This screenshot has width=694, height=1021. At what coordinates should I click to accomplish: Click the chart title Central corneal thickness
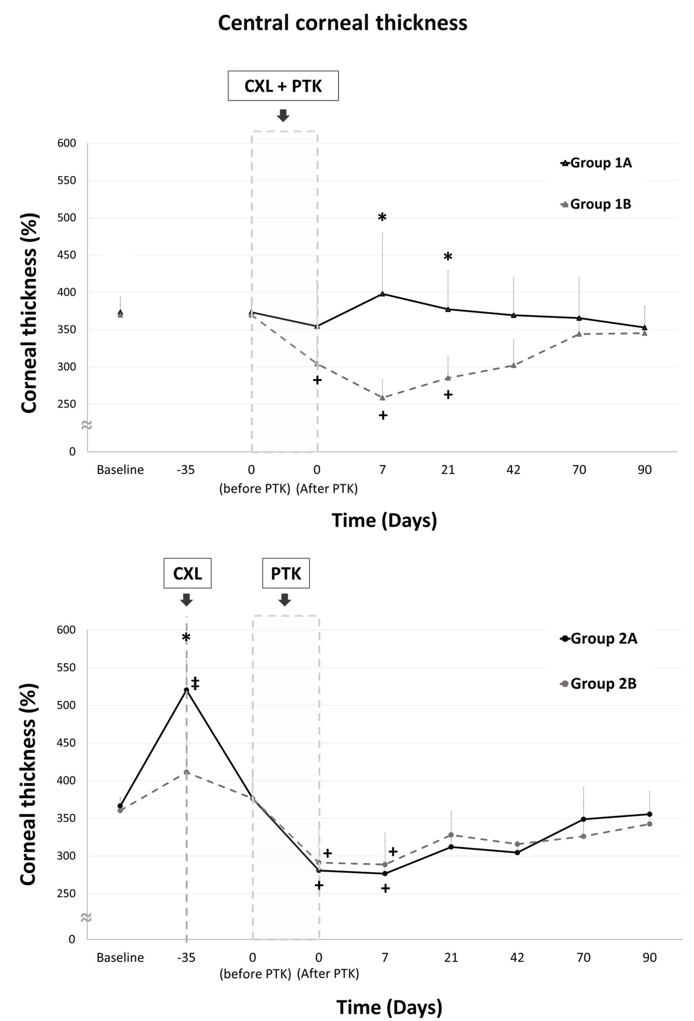coord(342,23)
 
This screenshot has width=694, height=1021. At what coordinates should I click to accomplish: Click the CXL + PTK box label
coord(283,86)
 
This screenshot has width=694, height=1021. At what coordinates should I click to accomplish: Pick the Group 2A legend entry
coord(599,638)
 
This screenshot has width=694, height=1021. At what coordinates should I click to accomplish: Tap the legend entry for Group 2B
coord(599,683)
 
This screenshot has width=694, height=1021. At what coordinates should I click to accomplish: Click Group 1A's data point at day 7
coord(383,294)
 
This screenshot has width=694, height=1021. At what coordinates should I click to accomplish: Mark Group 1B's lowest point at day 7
coord(383,397)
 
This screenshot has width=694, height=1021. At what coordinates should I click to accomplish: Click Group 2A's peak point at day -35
coord(186,690)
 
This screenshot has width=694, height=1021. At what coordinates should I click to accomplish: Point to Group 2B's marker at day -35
coord(186,772)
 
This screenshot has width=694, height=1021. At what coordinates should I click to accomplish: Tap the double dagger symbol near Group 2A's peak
coord(195,683)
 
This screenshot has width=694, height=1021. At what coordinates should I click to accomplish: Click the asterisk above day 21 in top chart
coord(447,257)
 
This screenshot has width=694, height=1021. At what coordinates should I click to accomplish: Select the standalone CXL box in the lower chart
coord(187,573)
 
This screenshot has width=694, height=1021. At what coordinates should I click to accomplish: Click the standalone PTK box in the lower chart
coord(286,573)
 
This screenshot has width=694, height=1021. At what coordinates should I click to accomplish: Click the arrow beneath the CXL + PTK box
coord(283,115)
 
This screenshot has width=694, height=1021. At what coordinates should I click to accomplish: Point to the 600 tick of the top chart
coord(66,143)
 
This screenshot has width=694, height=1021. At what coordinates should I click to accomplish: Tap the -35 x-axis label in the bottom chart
coord(186,957)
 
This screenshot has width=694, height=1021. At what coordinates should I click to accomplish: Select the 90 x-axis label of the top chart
coord(644,470)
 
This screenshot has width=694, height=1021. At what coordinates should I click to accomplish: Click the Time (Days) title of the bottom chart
coord(389,1007)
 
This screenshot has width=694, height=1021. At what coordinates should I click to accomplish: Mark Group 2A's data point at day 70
coord(584,819)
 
